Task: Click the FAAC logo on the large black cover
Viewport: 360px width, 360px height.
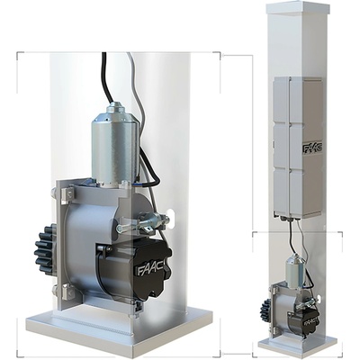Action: point(151,268)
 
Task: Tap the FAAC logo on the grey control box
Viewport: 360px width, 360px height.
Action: point(312,148)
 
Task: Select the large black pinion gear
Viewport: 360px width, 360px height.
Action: point(46,249)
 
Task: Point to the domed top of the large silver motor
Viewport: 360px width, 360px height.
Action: point(116,109)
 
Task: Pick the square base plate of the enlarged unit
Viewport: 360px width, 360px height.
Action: point(120,329)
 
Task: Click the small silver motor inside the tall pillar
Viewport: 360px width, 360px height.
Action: point(296,268)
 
